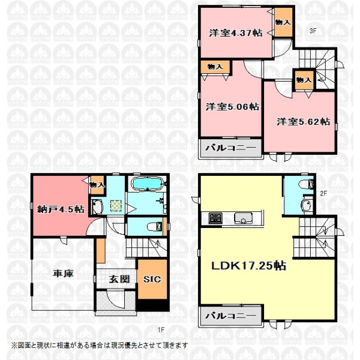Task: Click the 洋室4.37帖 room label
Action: point(236,33)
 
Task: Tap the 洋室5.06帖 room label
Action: point(232,107)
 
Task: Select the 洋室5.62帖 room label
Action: point(303,122)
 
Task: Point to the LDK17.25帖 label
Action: point(248,266)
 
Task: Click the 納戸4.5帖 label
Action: point(61,209)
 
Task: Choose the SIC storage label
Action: point(152,279)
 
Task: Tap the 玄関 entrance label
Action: point(119,279)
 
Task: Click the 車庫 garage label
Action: point(63,274)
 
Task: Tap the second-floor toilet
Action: point(306,184)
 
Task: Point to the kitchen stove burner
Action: point(215,218)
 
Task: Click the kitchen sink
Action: point(243,218)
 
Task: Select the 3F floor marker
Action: point(313,31)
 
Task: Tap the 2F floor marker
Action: point(323,193)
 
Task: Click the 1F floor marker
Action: point(161,329)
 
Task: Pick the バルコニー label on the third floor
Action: point(230,148)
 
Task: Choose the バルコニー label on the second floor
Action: point(230,316)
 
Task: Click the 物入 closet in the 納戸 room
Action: point(97,185)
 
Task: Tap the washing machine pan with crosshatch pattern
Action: point(116,205)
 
